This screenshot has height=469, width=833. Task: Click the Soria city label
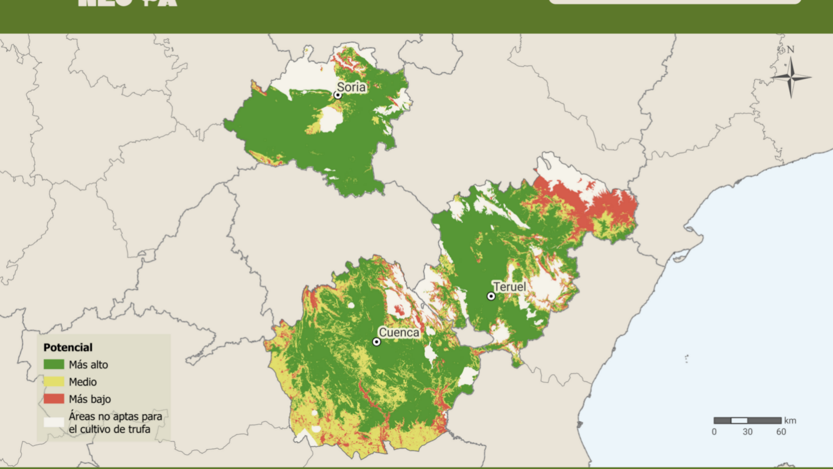pos(351,87)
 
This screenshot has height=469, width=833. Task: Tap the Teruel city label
pos(509,287)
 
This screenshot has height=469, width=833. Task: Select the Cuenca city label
pos(399,332)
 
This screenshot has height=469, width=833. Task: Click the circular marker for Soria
pos(338,95)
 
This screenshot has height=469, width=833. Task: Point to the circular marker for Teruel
pos(491,297)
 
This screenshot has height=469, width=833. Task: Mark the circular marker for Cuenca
pos(376,342)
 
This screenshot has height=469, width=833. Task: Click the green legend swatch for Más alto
pos(54,364)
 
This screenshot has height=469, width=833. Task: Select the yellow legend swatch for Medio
pos(54,382)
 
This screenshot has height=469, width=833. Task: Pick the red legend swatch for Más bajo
pos(54,399)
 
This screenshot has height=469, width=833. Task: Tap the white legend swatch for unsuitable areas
pos(54,422)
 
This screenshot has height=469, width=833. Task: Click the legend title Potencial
pos(68,347)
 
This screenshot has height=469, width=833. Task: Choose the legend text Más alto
pos(88,364)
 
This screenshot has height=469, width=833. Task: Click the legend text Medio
pos(83,382)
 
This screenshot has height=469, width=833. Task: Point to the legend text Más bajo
pos(90,399)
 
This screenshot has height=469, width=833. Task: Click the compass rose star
pos(791,77)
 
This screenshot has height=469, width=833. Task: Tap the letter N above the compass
pos(790,50)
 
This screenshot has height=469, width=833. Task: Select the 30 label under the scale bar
pos(747,432)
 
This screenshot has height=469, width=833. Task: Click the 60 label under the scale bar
pos(781,432)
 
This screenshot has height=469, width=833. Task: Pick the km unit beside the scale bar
pos(790,421)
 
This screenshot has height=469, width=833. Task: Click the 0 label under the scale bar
pos(714,432)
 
